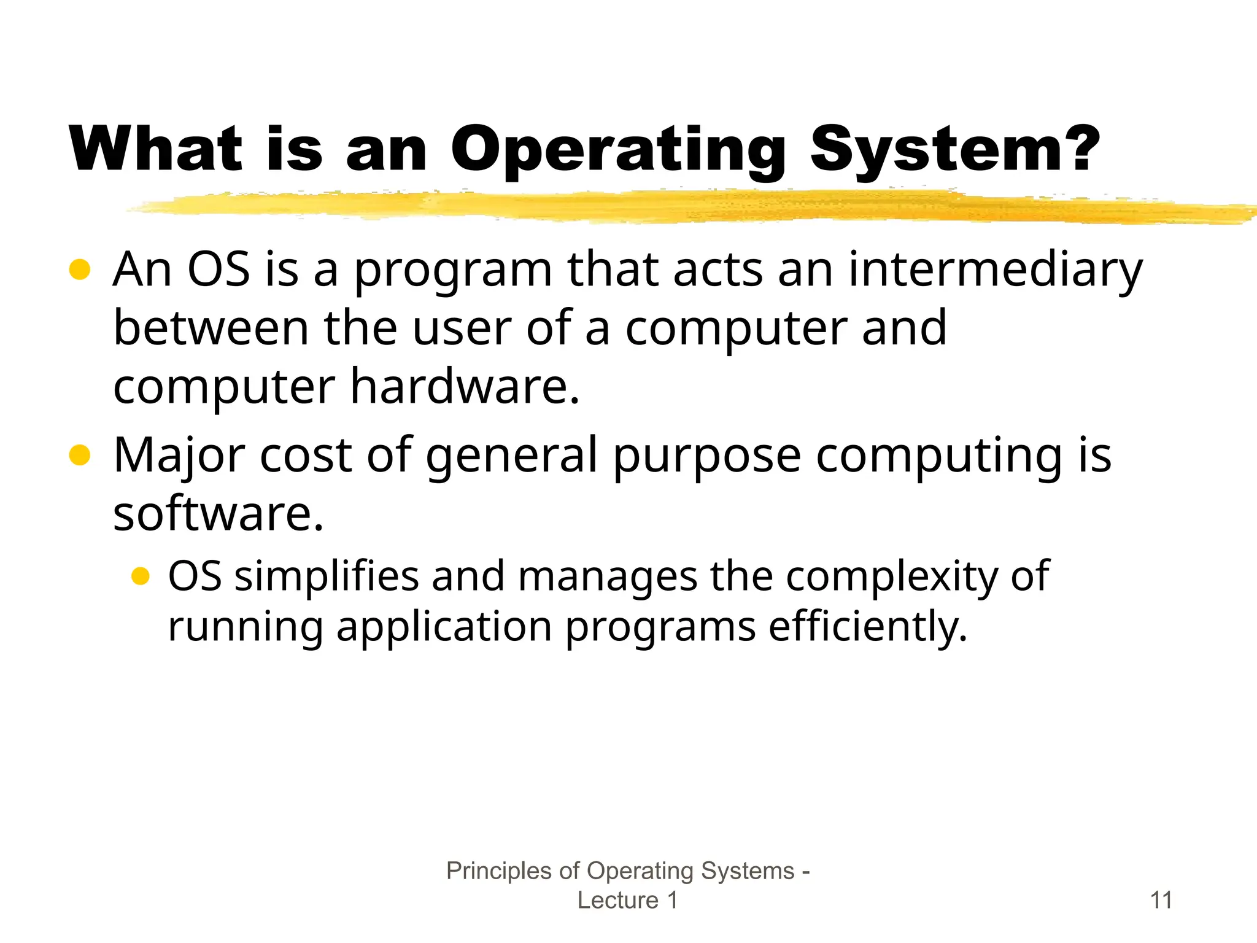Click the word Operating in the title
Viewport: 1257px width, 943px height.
pyautogui.click(x=618, y=149)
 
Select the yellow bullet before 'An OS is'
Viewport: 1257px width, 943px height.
pyautogui.click(x=80, y=269)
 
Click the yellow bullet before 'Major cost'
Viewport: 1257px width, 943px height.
pyautogui.click(x=80, y=456)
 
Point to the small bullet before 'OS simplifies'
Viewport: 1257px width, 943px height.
pyautogui.click(x=141, y=576)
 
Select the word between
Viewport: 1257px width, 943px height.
pyautogui.click(x=211, y=328)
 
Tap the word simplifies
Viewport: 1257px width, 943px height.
pyautogui.click(x=326, y=577)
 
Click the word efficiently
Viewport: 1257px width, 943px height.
pyautogui.click(x=867, y=627)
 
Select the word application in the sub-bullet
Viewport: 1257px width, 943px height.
pyautogui.click(x=444, y=627)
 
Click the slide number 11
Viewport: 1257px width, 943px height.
pyautogui.click(x=1161, y=900)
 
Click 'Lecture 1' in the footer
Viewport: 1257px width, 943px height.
pyautogui.click(x=627, y=900)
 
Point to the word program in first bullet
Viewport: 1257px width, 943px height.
pyautogui.click(x=453, y=271)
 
